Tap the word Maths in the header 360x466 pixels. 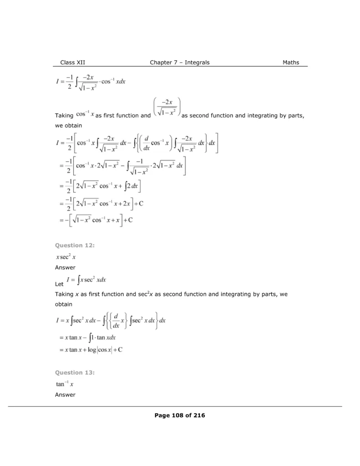point(291,62)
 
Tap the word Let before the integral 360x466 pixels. point(58,284)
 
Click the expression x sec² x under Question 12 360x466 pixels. point(66,257)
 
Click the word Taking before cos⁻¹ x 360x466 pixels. point(64,116)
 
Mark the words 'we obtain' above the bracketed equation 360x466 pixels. point(68,125)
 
